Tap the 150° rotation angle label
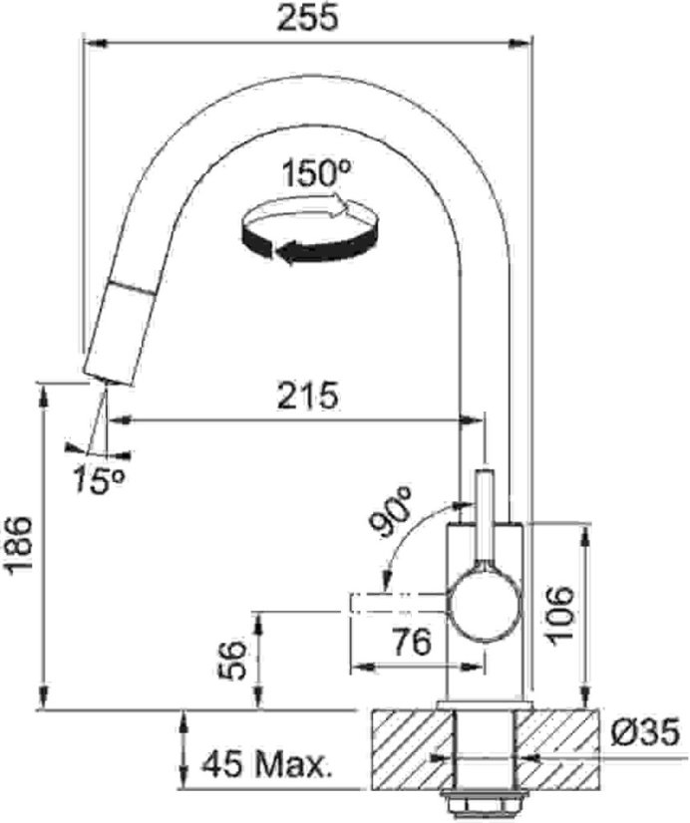[315, 173]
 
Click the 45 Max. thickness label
[266, 765]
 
